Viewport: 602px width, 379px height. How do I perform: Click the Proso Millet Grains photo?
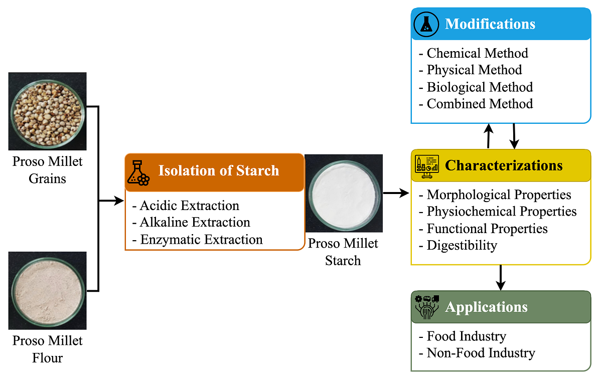pos(47,111)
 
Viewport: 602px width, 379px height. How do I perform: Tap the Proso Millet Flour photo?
pos(47,290)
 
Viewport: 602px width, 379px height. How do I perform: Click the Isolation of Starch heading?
pos(219,170)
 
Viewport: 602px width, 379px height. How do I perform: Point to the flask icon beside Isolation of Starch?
pos(138,172)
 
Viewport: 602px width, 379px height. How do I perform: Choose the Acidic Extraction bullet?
pos(186,206)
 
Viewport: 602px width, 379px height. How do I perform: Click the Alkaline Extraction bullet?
pos(191,222)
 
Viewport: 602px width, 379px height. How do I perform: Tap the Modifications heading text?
pos(490,24)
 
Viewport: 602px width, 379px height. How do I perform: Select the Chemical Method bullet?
pos(474,53)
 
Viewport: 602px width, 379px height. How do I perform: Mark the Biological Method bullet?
pos(476,87)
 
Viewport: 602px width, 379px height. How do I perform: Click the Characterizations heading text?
pos(504,165)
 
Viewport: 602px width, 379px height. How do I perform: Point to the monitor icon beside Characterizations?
pos(426,166)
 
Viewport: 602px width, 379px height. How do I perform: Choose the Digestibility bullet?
pos(458,245)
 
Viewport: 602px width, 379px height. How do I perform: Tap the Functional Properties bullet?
pos(483,229)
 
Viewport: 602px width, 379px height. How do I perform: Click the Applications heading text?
pos(486,307)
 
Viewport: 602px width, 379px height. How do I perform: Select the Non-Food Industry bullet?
pos(477,353)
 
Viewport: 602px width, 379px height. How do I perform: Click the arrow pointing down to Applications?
pos(500,278)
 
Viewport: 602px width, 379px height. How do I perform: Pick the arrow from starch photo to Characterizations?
pos(396,193)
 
